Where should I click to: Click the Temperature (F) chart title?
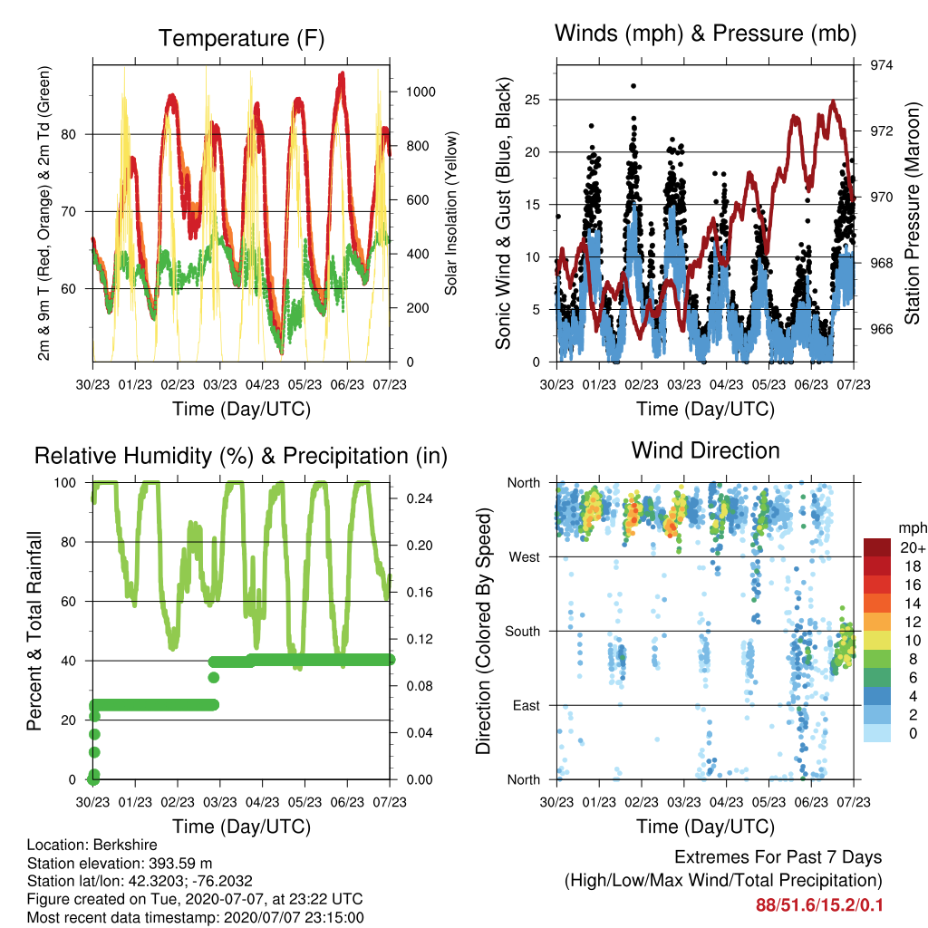(x=241, y=38)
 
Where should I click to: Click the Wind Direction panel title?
(x=705, y=450)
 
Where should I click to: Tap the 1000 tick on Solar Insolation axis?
(x=420, y=92)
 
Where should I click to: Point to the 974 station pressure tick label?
(x=881, y=65)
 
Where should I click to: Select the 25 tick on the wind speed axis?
(x=532, y=100)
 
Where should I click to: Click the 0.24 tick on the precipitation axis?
(x=420, y=498)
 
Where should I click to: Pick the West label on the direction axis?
(x=525, y=557)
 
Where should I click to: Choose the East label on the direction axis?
(x=527, y=705)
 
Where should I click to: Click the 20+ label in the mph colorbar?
(x=912, y=547)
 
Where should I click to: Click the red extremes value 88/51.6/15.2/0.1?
(x=819, y=905)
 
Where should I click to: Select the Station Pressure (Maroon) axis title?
(x=912, y=213)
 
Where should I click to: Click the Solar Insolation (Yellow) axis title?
(x=451, y=213)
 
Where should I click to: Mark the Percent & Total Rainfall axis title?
(x=34, y=631)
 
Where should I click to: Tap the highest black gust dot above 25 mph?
(x=633, y=86)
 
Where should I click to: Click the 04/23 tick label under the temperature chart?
(x=262, y=384)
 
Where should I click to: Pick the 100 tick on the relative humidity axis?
(x=65, y=483)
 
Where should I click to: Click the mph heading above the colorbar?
(x=912, y=528)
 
